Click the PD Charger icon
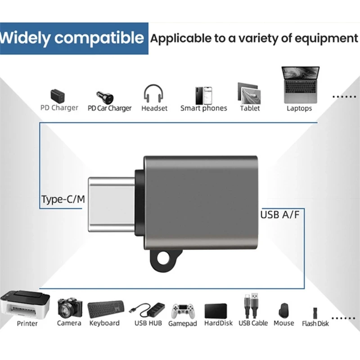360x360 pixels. pos(58,96)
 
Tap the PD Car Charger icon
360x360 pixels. pos(105,98)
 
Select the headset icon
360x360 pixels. pos(153,94)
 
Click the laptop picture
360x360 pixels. pos(300,85)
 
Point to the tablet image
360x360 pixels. pos(249,94)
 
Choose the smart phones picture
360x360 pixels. pos(204,95)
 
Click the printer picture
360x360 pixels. pos(25,305)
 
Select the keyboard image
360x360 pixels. pos(106,309)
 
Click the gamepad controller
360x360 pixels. pos(183,311)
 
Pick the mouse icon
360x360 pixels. pos(283,310)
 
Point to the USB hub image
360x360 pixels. pos(147,310)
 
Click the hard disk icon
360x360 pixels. pos(216,311)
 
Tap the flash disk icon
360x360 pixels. pos(315,313)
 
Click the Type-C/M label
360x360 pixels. pos(63,199)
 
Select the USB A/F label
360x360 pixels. pos(280,215)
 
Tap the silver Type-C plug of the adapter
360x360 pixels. pos(112,205)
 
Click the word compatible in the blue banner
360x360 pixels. pos(99,38)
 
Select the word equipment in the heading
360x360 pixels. pos(326,39)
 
